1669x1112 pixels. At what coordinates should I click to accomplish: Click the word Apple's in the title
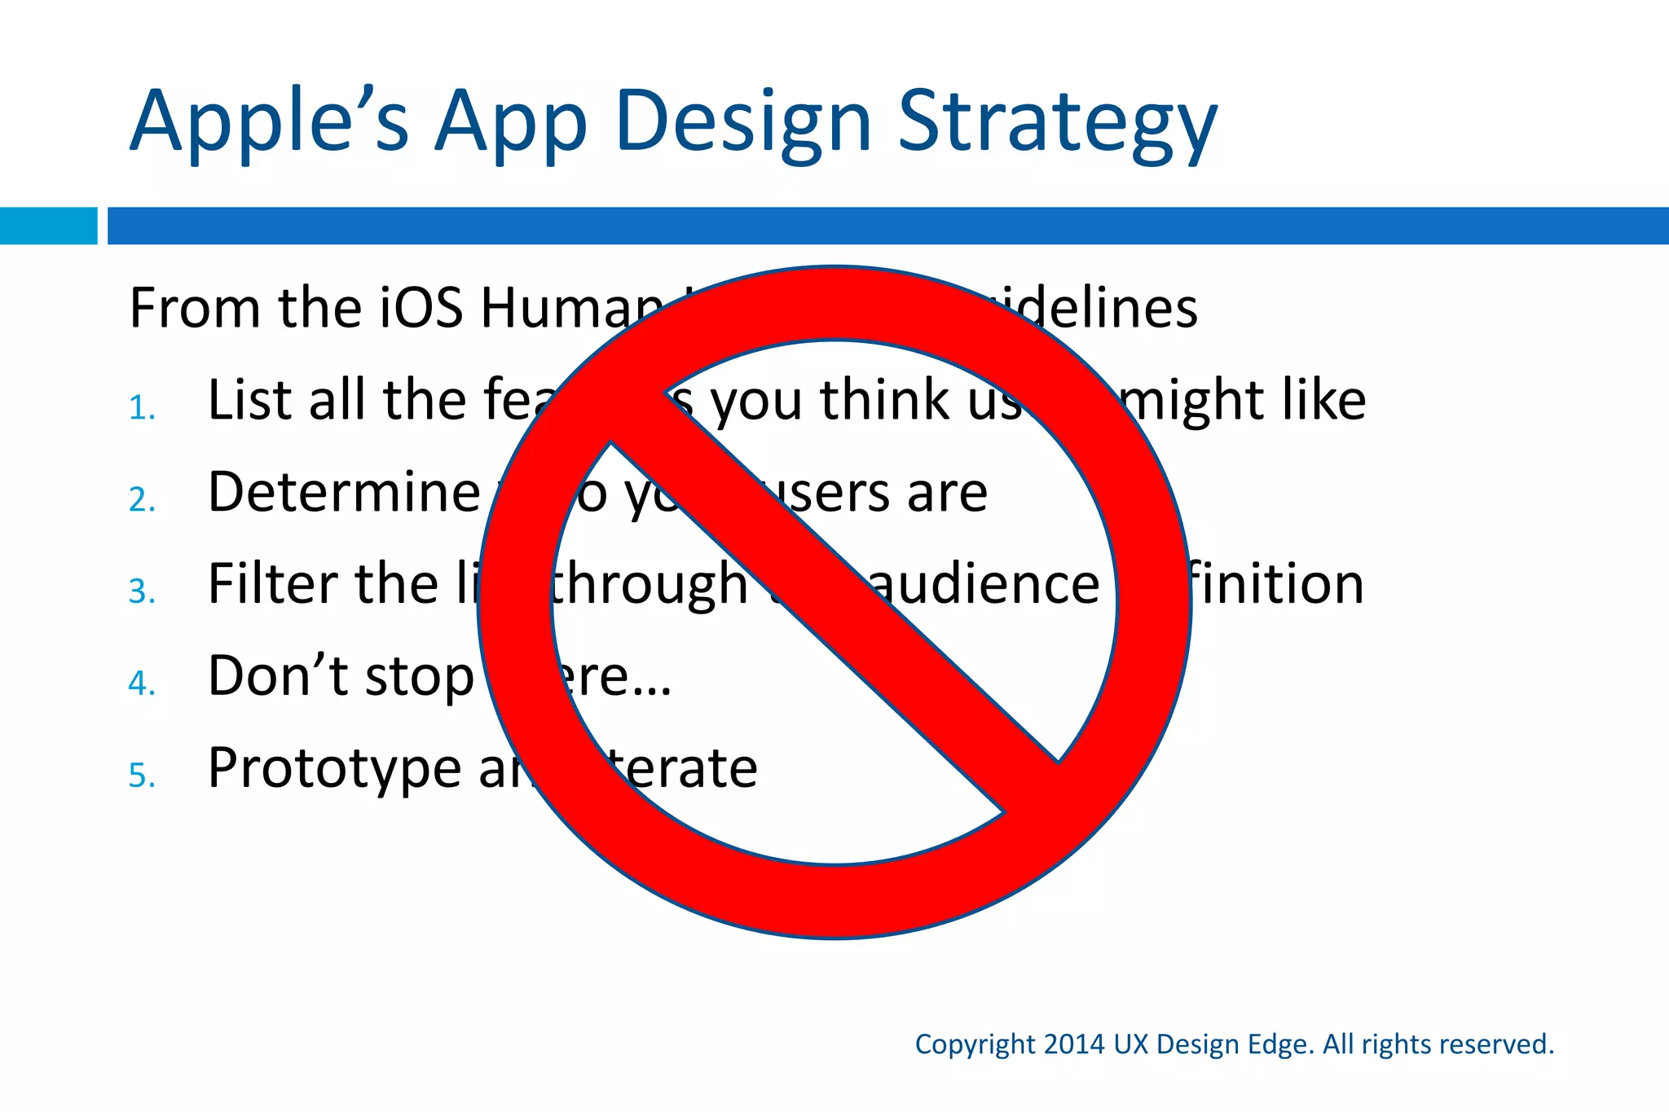(269, 122)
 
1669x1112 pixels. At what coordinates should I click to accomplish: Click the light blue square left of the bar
(48, 226)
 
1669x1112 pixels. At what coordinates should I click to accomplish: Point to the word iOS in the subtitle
(422, 308)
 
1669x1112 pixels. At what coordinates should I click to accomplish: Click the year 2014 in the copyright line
(1073, 1044)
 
